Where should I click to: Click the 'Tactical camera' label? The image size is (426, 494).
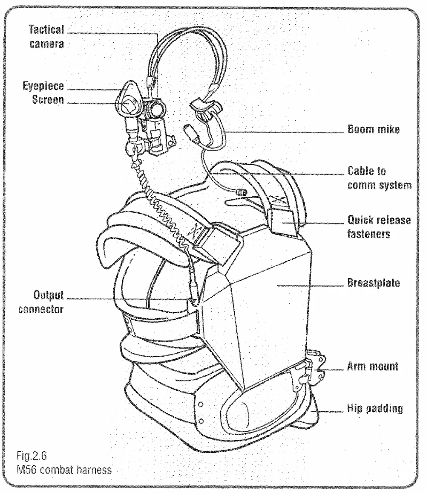(x=46, y=37)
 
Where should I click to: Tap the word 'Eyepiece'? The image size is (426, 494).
(x=43, y=86)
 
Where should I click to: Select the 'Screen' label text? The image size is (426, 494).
(x=48, y=100)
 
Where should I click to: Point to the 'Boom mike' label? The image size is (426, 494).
(x=374, y=130)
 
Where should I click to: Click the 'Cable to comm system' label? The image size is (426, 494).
(x=380, y=178)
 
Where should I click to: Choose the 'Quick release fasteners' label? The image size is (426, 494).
(x=379, y=227)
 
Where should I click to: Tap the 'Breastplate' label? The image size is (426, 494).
(x=374, y=282)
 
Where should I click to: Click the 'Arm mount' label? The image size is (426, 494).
(x=372, y=366)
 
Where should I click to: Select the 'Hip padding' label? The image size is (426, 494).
(x=375, y=408)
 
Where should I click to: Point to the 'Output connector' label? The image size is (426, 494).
(x=41, y=302)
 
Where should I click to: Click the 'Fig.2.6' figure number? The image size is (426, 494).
(x=32, y=456)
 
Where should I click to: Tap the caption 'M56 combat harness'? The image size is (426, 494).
(x=64, y=470)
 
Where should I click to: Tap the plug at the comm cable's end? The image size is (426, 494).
(x=242, y=192)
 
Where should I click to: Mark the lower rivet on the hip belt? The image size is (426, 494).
(x=201, y=421)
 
